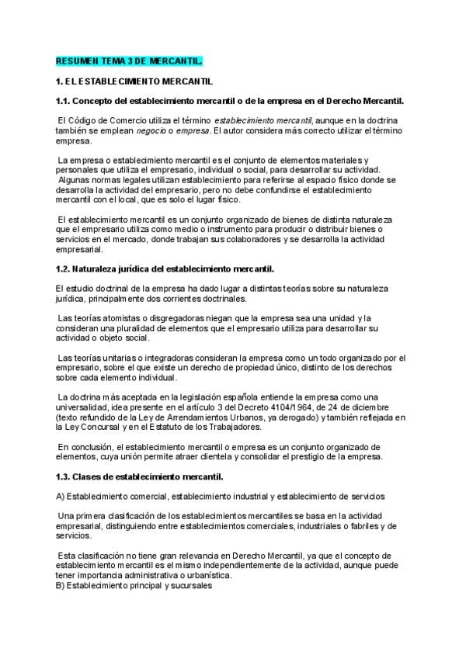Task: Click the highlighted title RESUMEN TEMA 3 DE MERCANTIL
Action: (x=129, y=61)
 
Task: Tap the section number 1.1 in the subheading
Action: (x=64, y=101)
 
